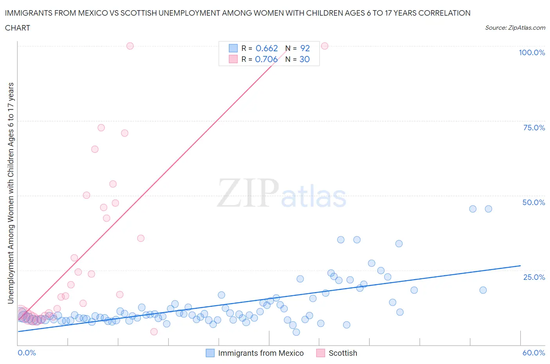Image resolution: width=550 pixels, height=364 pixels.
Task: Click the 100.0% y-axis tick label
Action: tap(532, 52)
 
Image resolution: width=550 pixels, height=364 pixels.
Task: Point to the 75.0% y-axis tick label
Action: tap(534, 128)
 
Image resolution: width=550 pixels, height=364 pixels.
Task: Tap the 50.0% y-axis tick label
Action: tap(534, 202)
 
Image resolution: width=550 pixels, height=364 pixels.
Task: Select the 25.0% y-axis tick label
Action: tap(534, 277)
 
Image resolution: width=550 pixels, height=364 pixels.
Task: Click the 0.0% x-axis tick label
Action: tap(27, 353)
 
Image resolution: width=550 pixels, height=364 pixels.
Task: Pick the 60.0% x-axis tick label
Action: tap(534, 353)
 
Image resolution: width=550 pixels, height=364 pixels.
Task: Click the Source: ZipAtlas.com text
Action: tap(515, 28)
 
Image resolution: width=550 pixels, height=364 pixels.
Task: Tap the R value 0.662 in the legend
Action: tap(266, 48)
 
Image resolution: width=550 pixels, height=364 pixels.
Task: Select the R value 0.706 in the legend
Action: tap(266, 59)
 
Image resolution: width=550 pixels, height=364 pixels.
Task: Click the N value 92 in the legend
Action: tap(305, 48)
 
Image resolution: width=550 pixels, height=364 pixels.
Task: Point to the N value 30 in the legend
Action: tap(304, 59)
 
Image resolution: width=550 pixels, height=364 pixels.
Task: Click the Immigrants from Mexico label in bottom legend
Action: tap(261, 353)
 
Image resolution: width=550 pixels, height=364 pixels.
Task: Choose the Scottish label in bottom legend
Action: tap(343, 353)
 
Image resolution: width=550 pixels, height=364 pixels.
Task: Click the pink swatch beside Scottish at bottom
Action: tap(321, 353)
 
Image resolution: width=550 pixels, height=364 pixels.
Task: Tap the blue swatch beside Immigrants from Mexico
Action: tap(210, 353)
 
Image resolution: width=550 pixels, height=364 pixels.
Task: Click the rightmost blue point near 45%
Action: tap(488, 209)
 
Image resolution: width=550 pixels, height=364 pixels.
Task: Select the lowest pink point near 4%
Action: tap(154, 332)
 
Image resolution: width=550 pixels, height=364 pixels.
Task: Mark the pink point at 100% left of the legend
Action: tap(130, 46)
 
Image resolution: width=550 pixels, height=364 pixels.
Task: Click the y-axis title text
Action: tap(11, 193)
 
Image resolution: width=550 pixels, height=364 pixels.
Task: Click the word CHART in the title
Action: tap(18, 28)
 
